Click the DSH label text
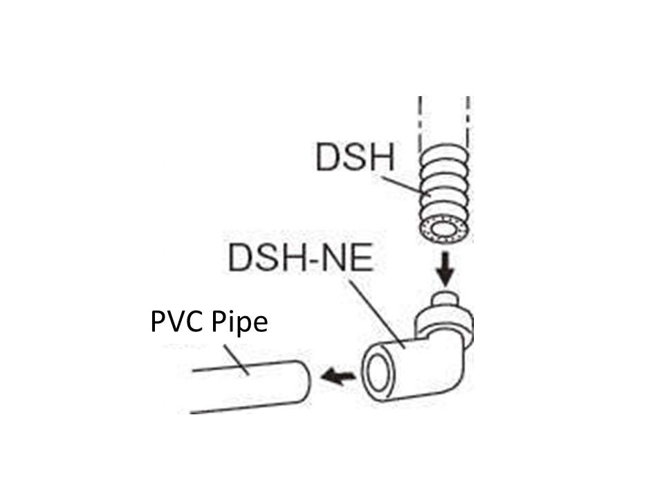point(356,157)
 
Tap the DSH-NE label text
point(301,257)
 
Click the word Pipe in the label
point(239,323)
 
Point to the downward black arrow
point(445,269)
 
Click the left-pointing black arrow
point(338,376)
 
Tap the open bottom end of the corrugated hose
point(445,230)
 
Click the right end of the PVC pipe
point(306,382)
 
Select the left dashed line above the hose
point(420,123)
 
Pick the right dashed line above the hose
point(468,123)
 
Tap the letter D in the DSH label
point(328,157)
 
